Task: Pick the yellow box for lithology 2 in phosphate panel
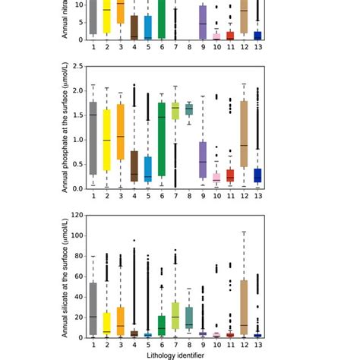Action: pyautogui.click(x=106, y=147)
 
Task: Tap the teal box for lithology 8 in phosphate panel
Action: pyautogui.click(x=188, y=109)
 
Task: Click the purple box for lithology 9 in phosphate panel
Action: pyautogui.click(x=203, y=159)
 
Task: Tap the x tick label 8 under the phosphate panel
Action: pyautogui.click(x=188, y=196)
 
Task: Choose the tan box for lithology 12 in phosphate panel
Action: pyautogui.click(x=243, y=134)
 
